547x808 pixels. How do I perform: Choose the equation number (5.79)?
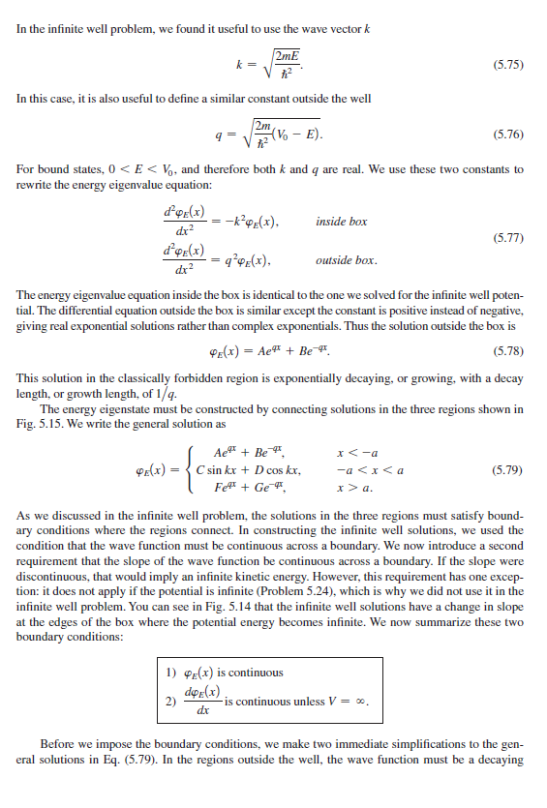click(x=508, y=470)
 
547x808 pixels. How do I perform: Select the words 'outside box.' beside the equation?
click(x=347, y=261)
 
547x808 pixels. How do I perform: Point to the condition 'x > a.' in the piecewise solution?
click(x=349, y=490)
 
